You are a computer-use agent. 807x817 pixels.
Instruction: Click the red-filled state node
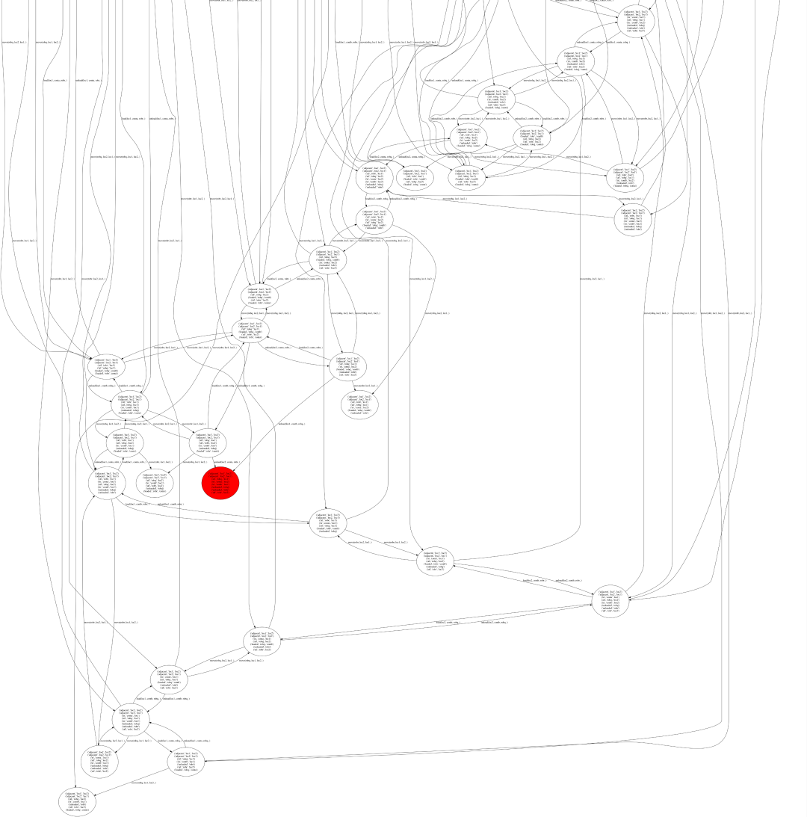coord(220,483)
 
